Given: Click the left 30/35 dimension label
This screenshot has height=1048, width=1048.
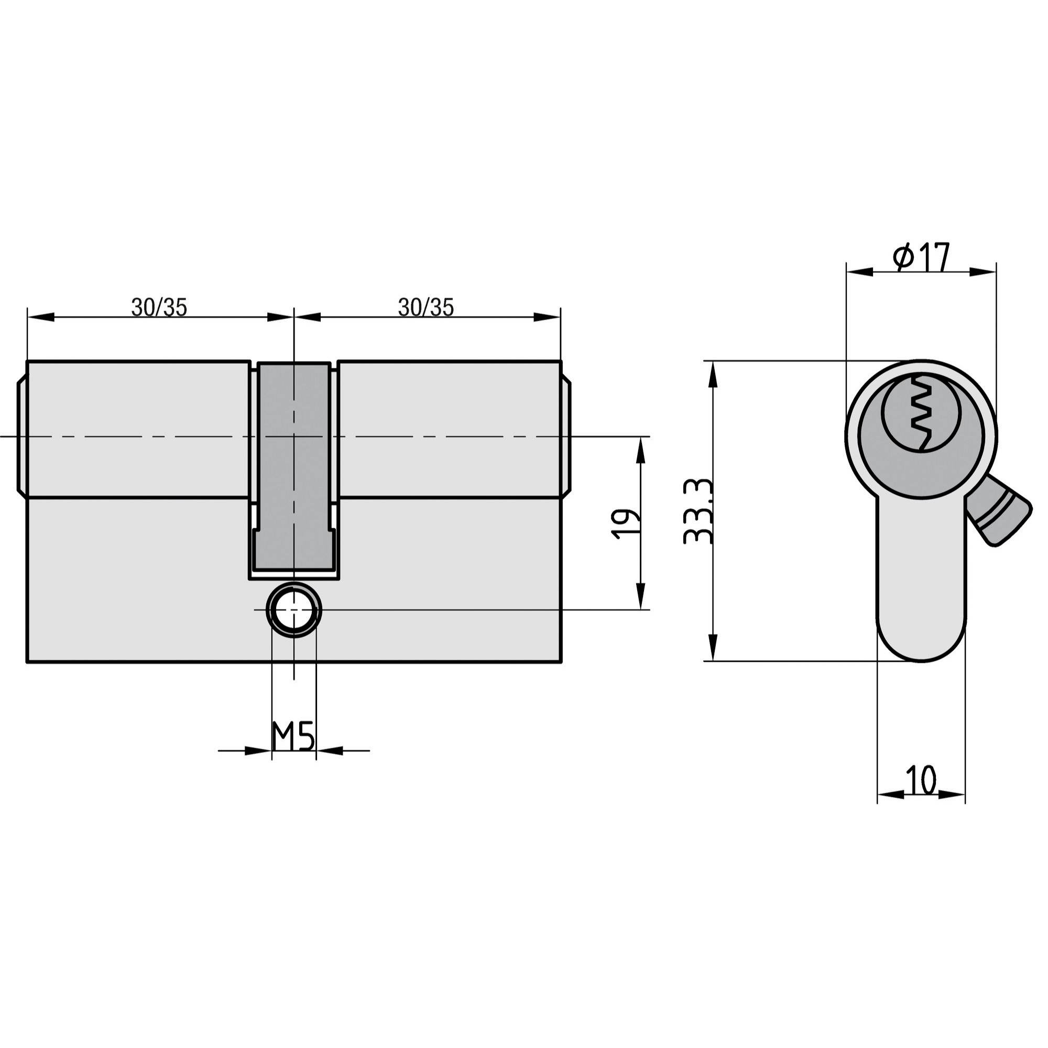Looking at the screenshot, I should coord(159,308).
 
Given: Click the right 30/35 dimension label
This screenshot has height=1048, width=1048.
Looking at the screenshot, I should coord(426,308).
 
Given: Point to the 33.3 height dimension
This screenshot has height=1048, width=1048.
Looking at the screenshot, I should coord(698,511).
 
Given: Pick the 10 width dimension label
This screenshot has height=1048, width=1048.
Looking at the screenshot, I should coord(921,780).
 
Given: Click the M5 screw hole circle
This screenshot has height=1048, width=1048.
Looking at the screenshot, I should coord(293,610).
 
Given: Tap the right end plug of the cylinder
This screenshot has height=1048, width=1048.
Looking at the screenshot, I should coord(566,436).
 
